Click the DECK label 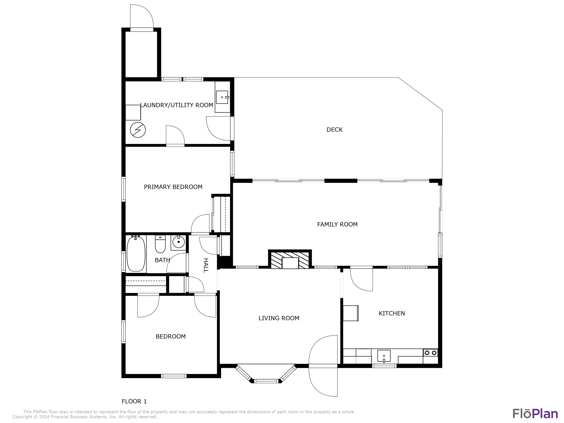point(334,130)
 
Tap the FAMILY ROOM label point(337,224)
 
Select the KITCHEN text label point(392,313)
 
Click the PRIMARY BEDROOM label point(173,187)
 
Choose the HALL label point(206,265)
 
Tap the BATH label point(162,260)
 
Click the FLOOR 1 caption point(134,401)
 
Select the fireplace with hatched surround point(290,260)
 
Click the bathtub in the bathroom point(136,253)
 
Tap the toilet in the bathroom point(160,244)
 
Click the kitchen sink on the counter point(384,356)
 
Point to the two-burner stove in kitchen point(430,353)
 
